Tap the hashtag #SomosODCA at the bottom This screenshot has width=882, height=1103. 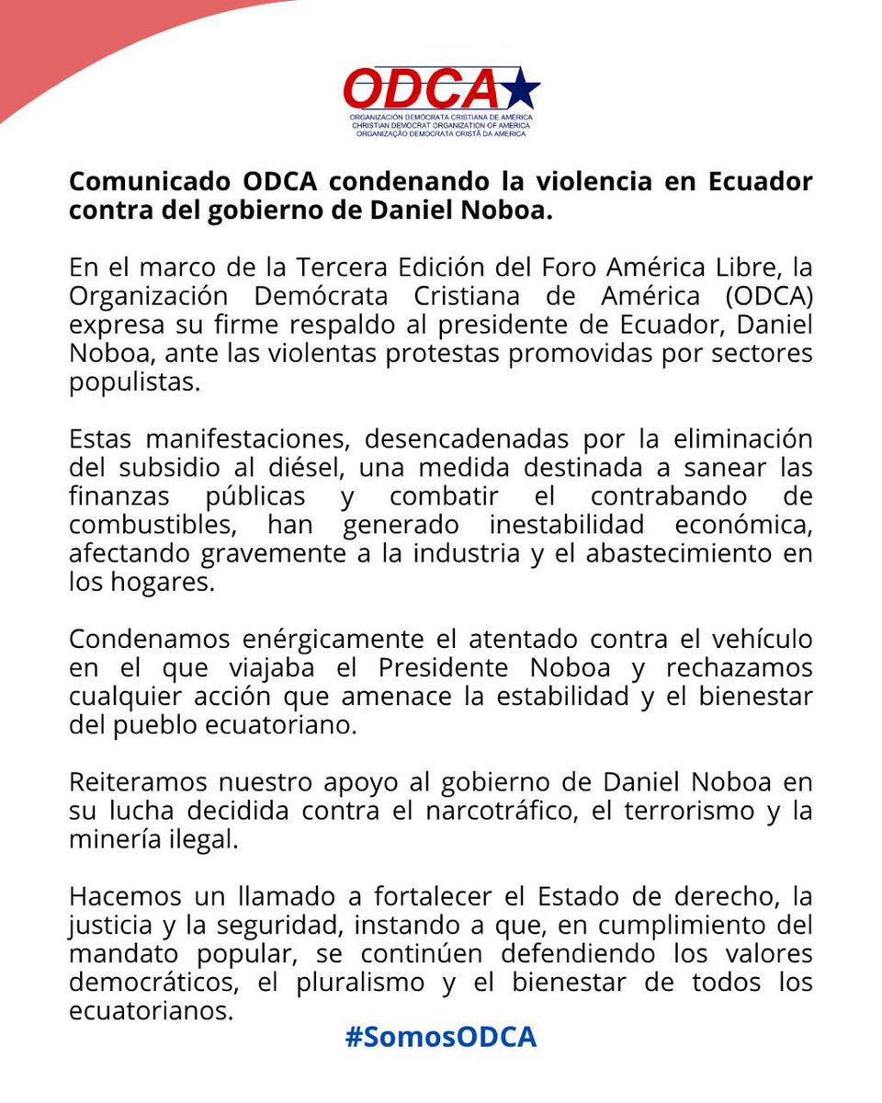click(441, 1037)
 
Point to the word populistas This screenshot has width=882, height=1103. click(133, 383)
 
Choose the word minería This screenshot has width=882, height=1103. click(112, 840)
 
